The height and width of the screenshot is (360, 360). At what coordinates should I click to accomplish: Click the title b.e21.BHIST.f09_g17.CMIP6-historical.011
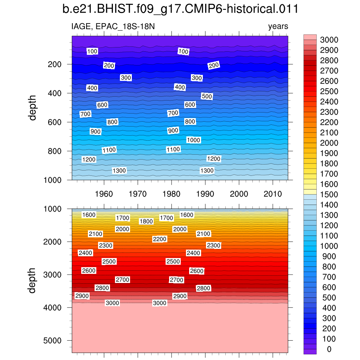[180, 9]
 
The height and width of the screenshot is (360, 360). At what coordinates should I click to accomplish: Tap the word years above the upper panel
[278, 26]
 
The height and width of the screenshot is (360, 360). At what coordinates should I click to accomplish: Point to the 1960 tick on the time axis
[104, 194]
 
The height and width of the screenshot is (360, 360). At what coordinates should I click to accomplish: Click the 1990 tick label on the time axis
[205, 194]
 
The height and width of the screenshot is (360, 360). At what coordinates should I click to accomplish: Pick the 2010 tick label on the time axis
[273, 194]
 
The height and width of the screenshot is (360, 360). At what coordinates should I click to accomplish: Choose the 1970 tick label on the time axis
[138, 194]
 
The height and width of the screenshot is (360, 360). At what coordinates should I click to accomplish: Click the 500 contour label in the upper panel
[207, 96]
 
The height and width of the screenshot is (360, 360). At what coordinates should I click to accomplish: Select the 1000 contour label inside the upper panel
[193, 140]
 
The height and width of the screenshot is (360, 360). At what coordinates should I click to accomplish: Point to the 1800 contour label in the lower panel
[146, 221]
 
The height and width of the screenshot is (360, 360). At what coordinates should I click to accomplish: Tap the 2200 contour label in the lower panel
[160, 239]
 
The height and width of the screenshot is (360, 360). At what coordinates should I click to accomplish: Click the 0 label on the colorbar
[329, 349]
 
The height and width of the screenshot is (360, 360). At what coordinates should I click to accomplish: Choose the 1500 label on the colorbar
[329, 194]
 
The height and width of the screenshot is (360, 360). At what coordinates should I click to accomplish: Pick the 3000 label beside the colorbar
[329, 39]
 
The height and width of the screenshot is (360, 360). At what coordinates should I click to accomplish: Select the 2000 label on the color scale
[329, 143]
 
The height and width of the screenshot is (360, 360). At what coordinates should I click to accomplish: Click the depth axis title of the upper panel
[33, 108]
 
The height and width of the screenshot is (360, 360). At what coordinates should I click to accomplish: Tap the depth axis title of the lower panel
[33, 281]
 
